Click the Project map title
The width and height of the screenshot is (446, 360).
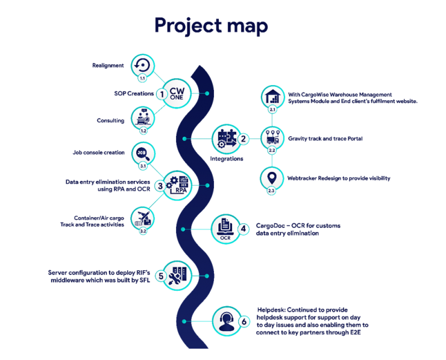click(x=211, y=26)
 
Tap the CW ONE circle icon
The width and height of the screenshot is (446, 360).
click(x=177, y=93)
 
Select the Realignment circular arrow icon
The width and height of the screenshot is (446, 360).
click(x=143, y=66)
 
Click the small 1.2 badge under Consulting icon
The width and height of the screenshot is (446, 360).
click(x=143, y=131)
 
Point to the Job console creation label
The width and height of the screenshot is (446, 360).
click(x=98, y=153)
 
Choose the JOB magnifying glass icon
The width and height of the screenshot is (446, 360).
click(x=143, y=154)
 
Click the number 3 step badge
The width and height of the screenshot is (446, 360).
click(x=160, y=186)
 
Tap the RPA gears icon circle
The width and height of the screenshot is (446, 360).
click(x=177, y=186)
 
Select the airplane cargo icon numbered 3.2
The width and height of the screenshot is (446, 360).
click(x=143, y=219)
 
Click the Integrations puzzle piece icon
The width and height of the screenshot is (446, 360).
click(x=227, y=139)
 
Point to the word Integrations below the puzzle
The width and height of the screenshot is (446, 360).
click(x=227, y=159)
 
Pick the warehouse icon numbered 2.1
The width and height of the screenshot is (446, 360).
click(x=273, y=96)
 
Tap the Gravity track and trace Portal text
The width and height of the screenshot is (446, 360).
click(x=325, y=139)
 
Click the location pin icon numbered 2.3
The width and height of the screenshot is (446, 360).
click(x=272, y=178)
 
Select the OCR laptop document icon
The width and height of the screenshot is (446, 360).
click(x=225, y=229)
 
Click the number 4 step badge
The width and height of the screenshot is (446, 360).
click(x=243, y=229)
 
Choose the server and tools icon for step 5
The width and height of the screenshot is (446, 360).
click(x=177, y=276)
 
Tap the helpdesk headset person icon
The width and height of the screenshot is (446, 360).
click(x=227, y=321)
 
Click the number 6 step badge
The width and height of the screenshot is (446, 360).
click(x=244, y=322)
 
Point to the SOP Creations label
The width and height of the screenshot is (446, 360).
click(x=134, y=93)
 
